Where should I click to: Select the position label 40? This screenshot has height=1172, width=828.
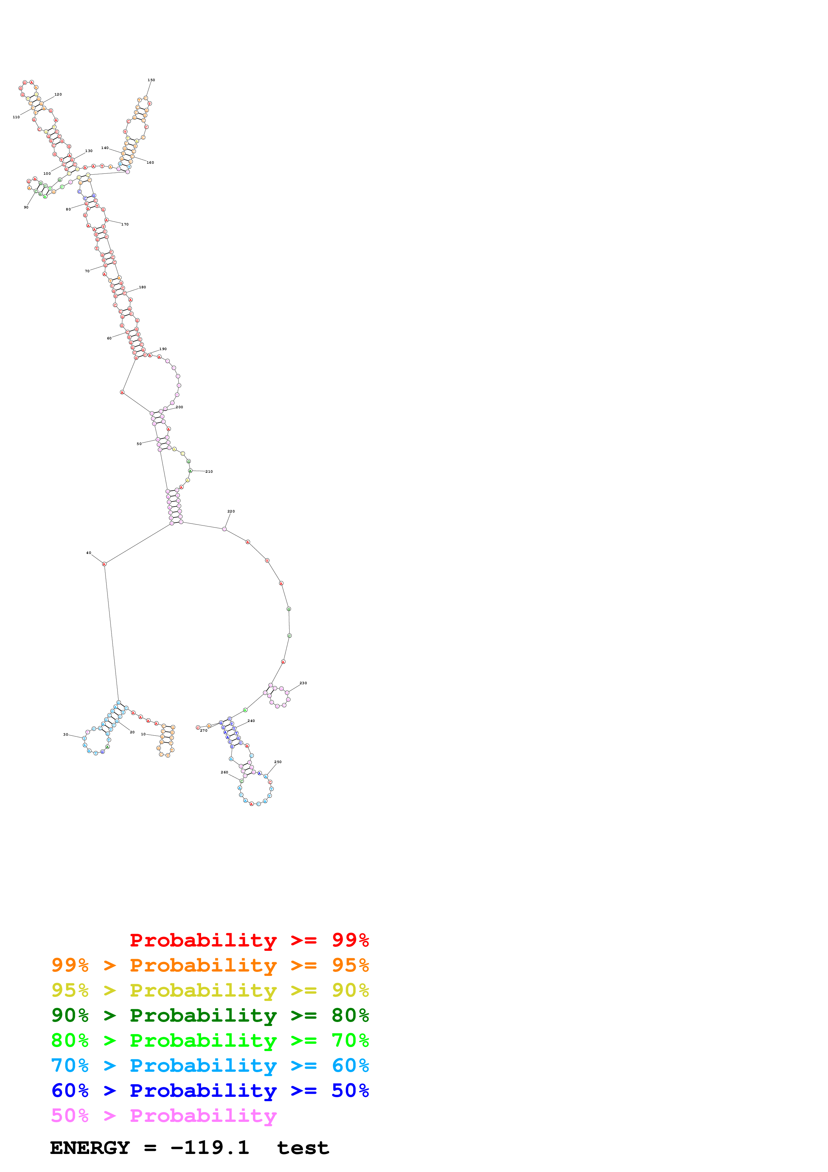(x=89, y=553)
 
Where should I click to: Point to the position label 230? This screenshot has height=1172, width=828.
(x=303, y=683)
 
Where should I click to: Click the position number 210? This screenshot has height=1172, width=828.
(x=209, y=472)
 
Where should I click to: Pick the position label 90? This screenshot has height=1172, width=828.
(x=26, y=207)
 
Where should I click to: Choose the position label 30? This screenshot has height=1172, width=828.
(x=65, y=735)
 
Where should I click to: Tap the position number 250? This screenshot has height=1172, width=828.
(x=278, y=762)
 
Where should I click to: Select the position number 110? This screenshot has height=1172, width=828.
(x=16, y=117)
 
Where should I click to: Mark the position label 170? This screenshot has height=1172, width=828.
(x=125, y=225)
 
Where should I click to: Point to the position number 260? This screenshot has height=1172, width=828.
(x=224, y=772)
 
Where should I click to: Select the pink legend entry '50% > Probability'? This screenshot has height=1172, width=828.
(x=164, y=1116)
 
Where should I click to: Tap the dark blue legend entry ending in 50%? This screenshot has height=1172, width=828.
(x=210, y=1091)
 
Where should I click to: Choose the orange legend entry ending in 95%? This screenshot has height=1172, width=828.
(x=210, y=965)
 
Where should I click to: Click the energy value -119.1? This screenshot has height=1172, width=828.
(x=210, y=1148)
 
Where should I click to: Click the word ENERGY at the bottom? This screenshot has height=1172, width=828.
(x=90, y=1148)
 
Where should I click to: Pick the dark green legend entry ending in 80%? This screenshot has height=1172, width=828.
(x=210, y=1015)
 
